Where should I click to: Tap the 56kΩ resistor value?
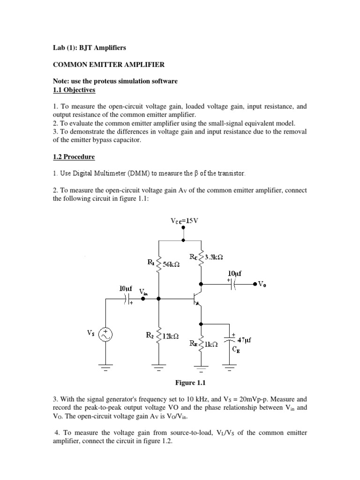pyautogui.click(x=172, y=264)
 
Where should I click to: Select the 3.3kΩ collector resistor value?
pyautogui.click(x=212, y=257)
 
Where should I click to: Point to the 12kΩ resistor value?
pyautogui.click(x=170, y=336)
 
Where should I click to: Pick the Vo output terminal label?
pyautogui.click(x=264, y=284)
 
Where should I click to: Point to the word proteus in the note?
pyautogui.click(x=97, y=81)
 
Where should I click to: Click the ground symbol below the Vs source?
pyautogui.click(x=105, y=367)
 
